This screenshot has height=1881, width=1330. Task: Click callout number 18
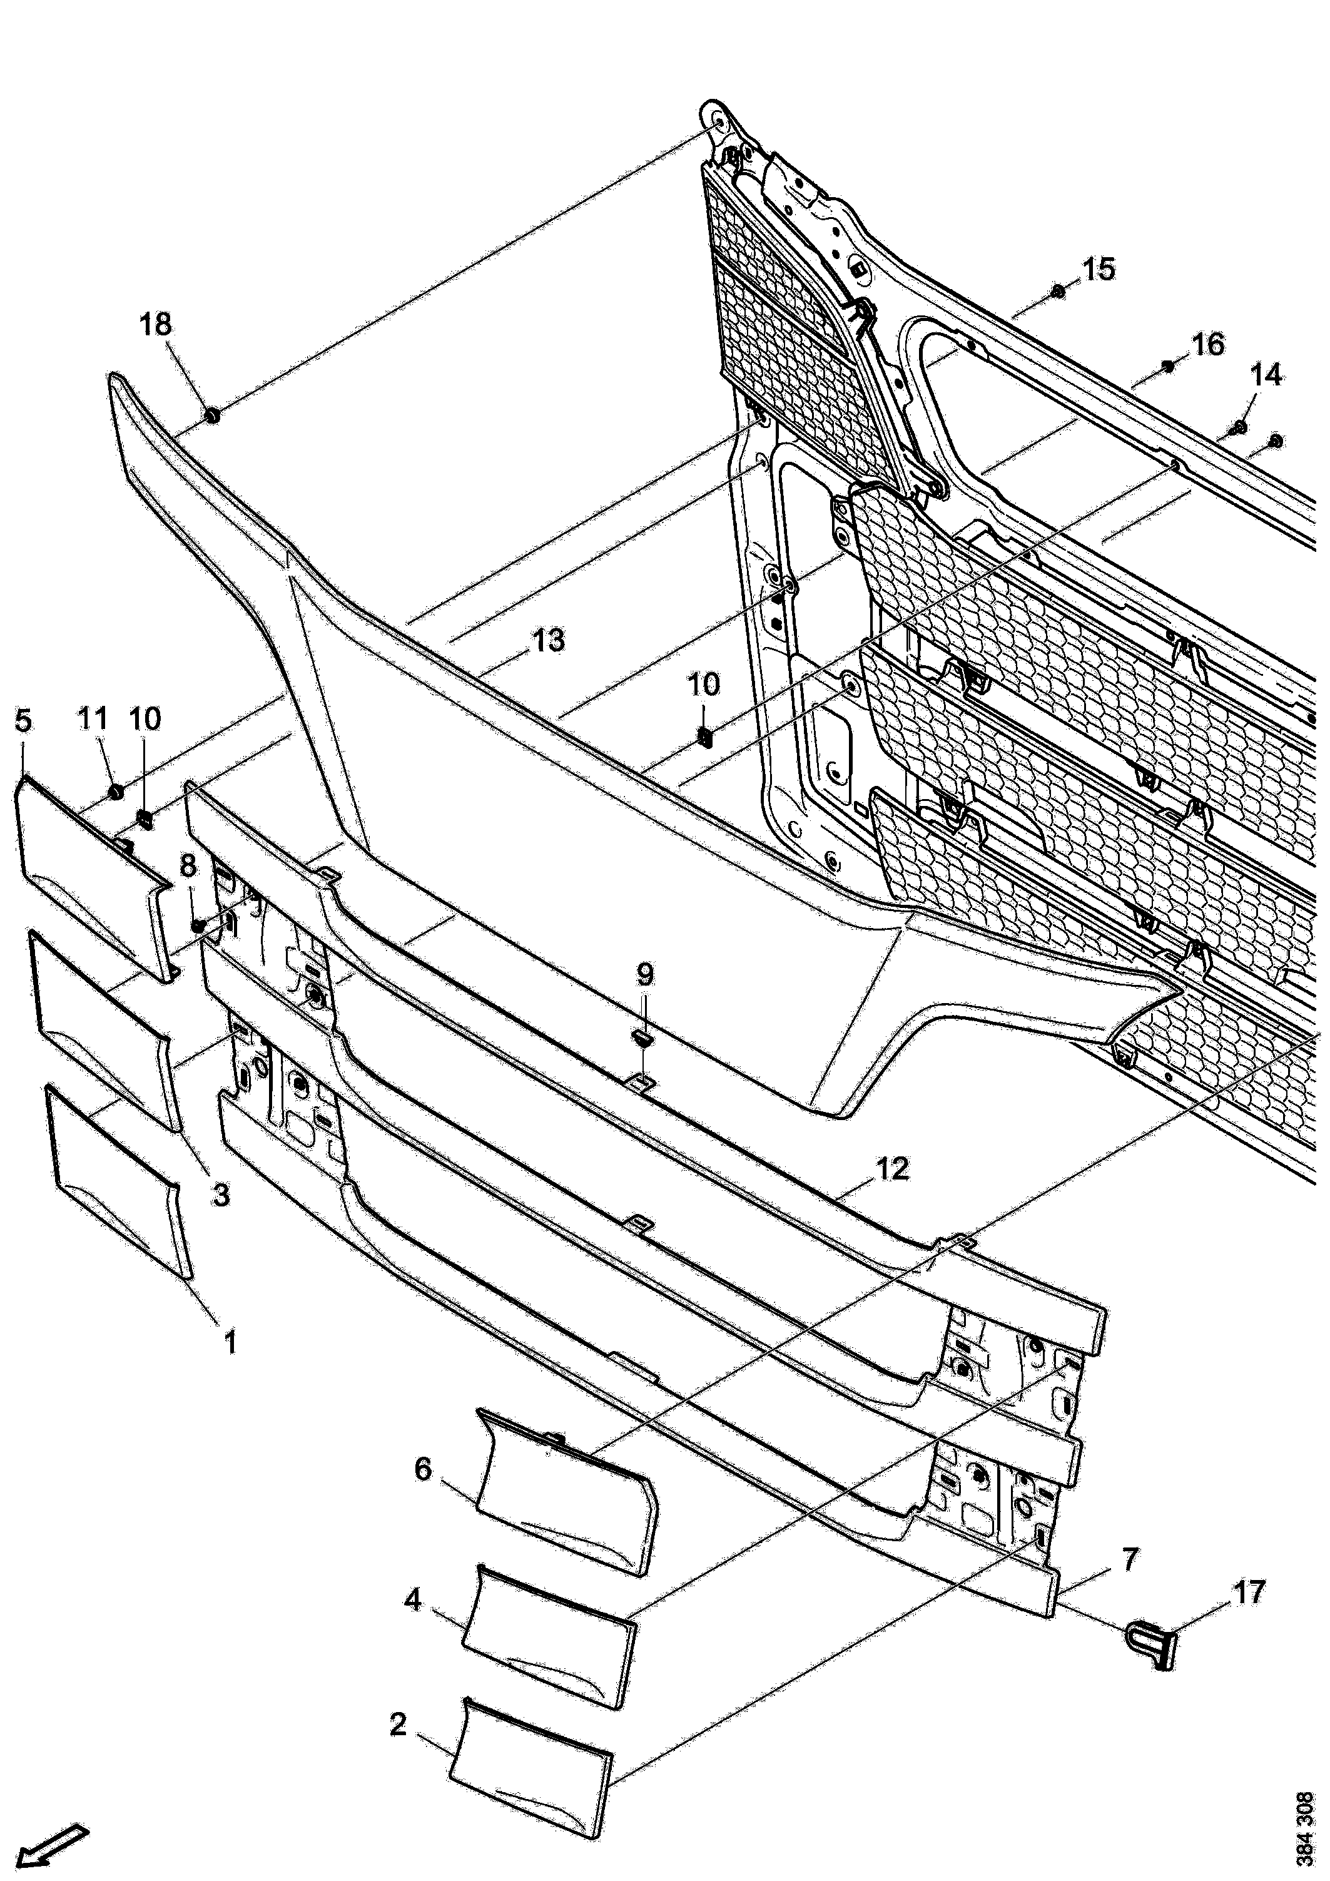click(156, 325)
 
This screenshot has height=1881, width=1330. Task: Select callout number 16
click(1208, 344)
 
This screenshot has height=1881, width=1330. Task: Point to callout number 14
click(1266, 375)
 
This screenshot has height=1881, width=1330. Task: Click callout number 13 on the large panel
click(548, 640)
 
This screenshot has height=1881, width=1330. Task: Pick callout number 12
click(892, 1169)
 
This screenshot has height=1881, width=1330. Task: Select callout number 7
click(1129, 1560)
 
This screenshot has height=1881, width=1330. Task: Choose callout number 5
click(23, 721)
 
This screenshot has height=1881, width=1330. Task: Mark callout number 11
click(93, 720)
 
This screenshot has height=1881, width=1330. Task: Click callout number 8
click(188, 865)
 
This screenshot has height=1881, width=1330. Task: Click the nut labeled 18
click(211, 416)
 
